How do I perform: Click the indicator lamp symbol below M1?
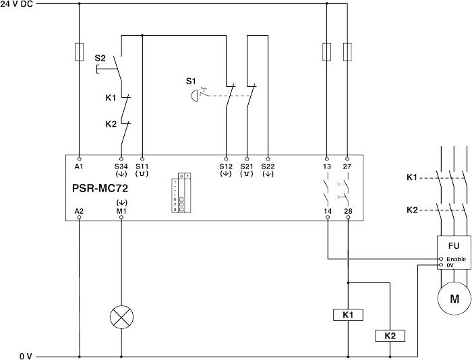point(121,317)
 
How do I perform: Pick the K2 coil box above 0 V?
point(390,335)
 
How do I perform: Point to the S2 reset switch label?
point(100,59)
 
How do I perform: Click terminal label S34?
point(121,166)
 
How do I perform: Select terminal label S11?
point(142,166)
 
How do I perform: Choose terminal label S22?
point(268,166)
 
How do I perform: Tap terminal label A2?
point(80,211)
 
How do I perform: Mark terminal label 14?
point(327,211)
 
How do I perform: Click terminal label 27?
point(348,166)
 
